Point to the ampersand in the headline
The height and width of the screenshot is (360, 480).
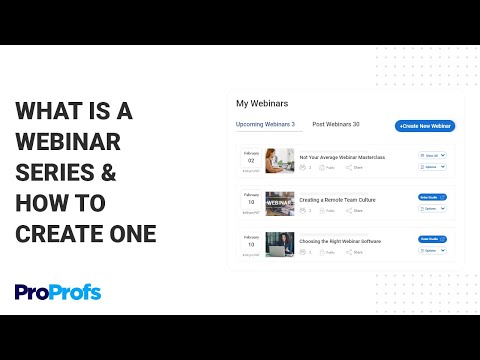tap(107, 172)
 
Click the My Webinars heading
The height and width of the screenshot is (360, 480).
tap(261, 103)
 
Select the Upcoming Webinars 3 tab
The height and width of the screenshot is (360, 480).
tap(265, 125)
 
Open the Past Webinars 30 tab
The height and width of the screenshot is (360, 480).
tap(335, 125)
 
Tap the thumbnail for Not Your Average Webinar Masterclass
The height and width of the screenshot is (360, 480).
tap(280, 162)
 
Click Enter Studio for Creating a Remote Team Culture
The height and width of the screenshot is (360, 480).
tap(431, 198)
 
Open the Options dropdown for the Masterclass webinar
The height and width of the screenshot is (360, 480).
tap(431, 167)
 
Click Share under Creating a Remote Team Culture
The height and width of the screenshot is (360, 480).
tap(355, 211)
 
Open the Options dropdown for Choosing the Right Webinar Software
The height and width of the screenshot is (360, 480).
tap(431, 250)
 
